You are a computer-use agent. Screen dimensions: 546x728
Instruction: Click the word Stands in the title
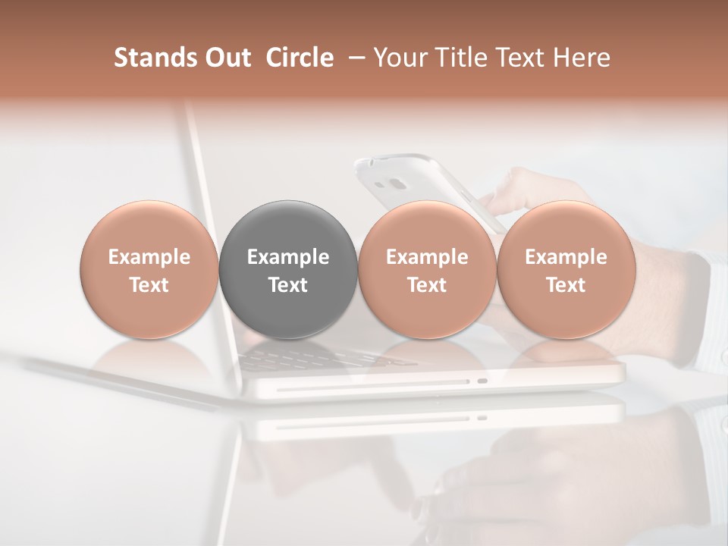146,58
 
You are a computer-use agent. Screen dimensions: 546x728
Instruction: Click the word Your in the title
398,58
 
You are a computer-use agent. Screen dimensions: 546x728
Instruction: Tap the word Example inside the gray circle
287,257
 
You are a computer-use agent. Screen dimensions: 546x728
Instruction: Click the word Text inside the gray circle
287,285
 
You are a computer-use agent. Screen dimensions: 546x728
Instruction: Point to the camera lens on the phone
395,184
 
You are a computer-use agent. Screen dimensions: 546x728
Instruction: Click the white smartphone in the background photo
409,178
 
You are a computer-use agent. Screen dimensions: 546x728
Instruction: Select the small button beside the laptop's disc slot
482,381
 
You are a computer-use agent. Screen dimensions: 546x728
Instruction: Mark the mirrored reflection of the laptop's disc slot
372,418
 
